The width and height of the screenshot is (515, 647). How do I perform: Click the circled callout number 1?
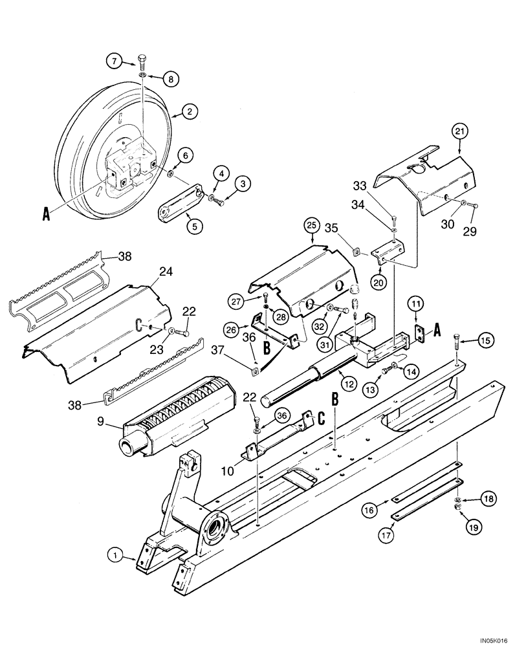point(115,554)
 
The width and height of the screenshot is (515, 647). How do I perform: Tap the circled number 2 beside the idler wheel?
point(189,112)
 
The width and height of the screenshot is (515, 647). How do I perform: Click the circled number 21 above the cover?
point(461,133)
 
